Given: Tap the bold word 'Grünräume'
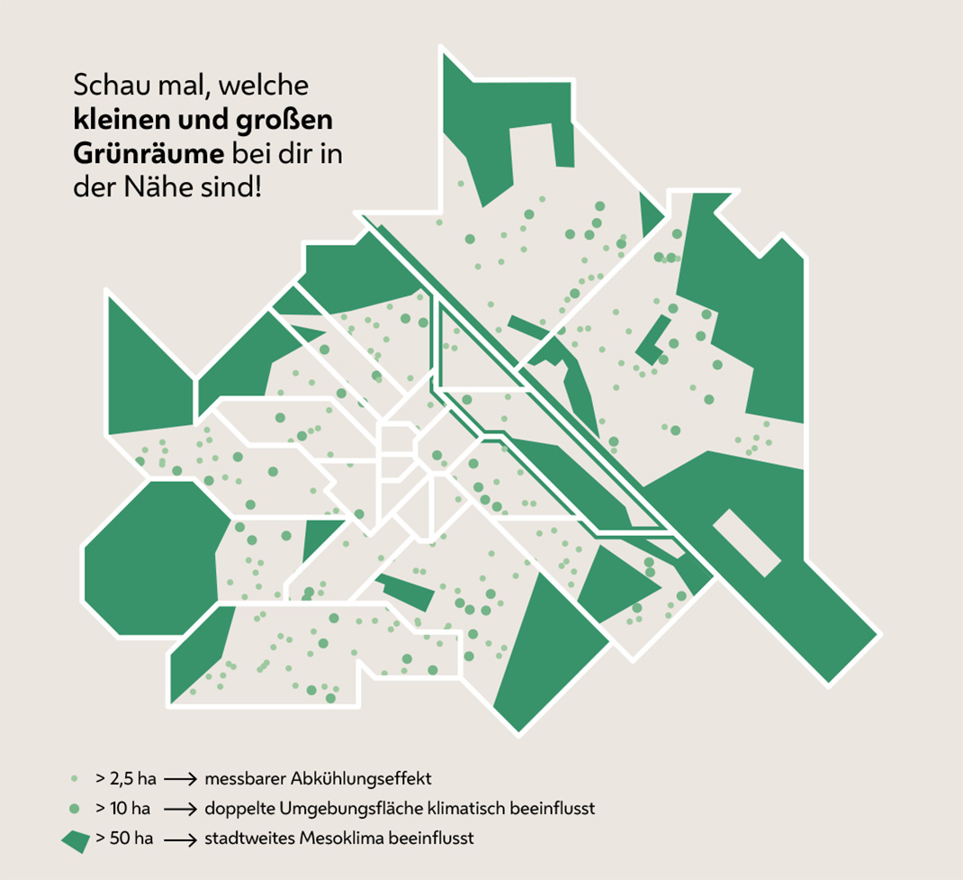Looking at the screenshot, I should pos(147,154).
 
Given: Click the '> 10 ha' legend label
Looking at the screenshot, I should pos(123,808).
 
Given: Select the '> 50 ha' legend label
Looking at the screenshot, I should pos(123,839).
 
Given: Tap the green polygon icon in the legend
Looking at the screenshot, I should pos(76,839).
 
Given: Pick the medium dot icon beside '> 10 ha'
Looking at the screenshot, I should pos(76,808).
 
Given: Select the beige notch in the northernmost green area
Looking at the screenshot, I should pos(541,144).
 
